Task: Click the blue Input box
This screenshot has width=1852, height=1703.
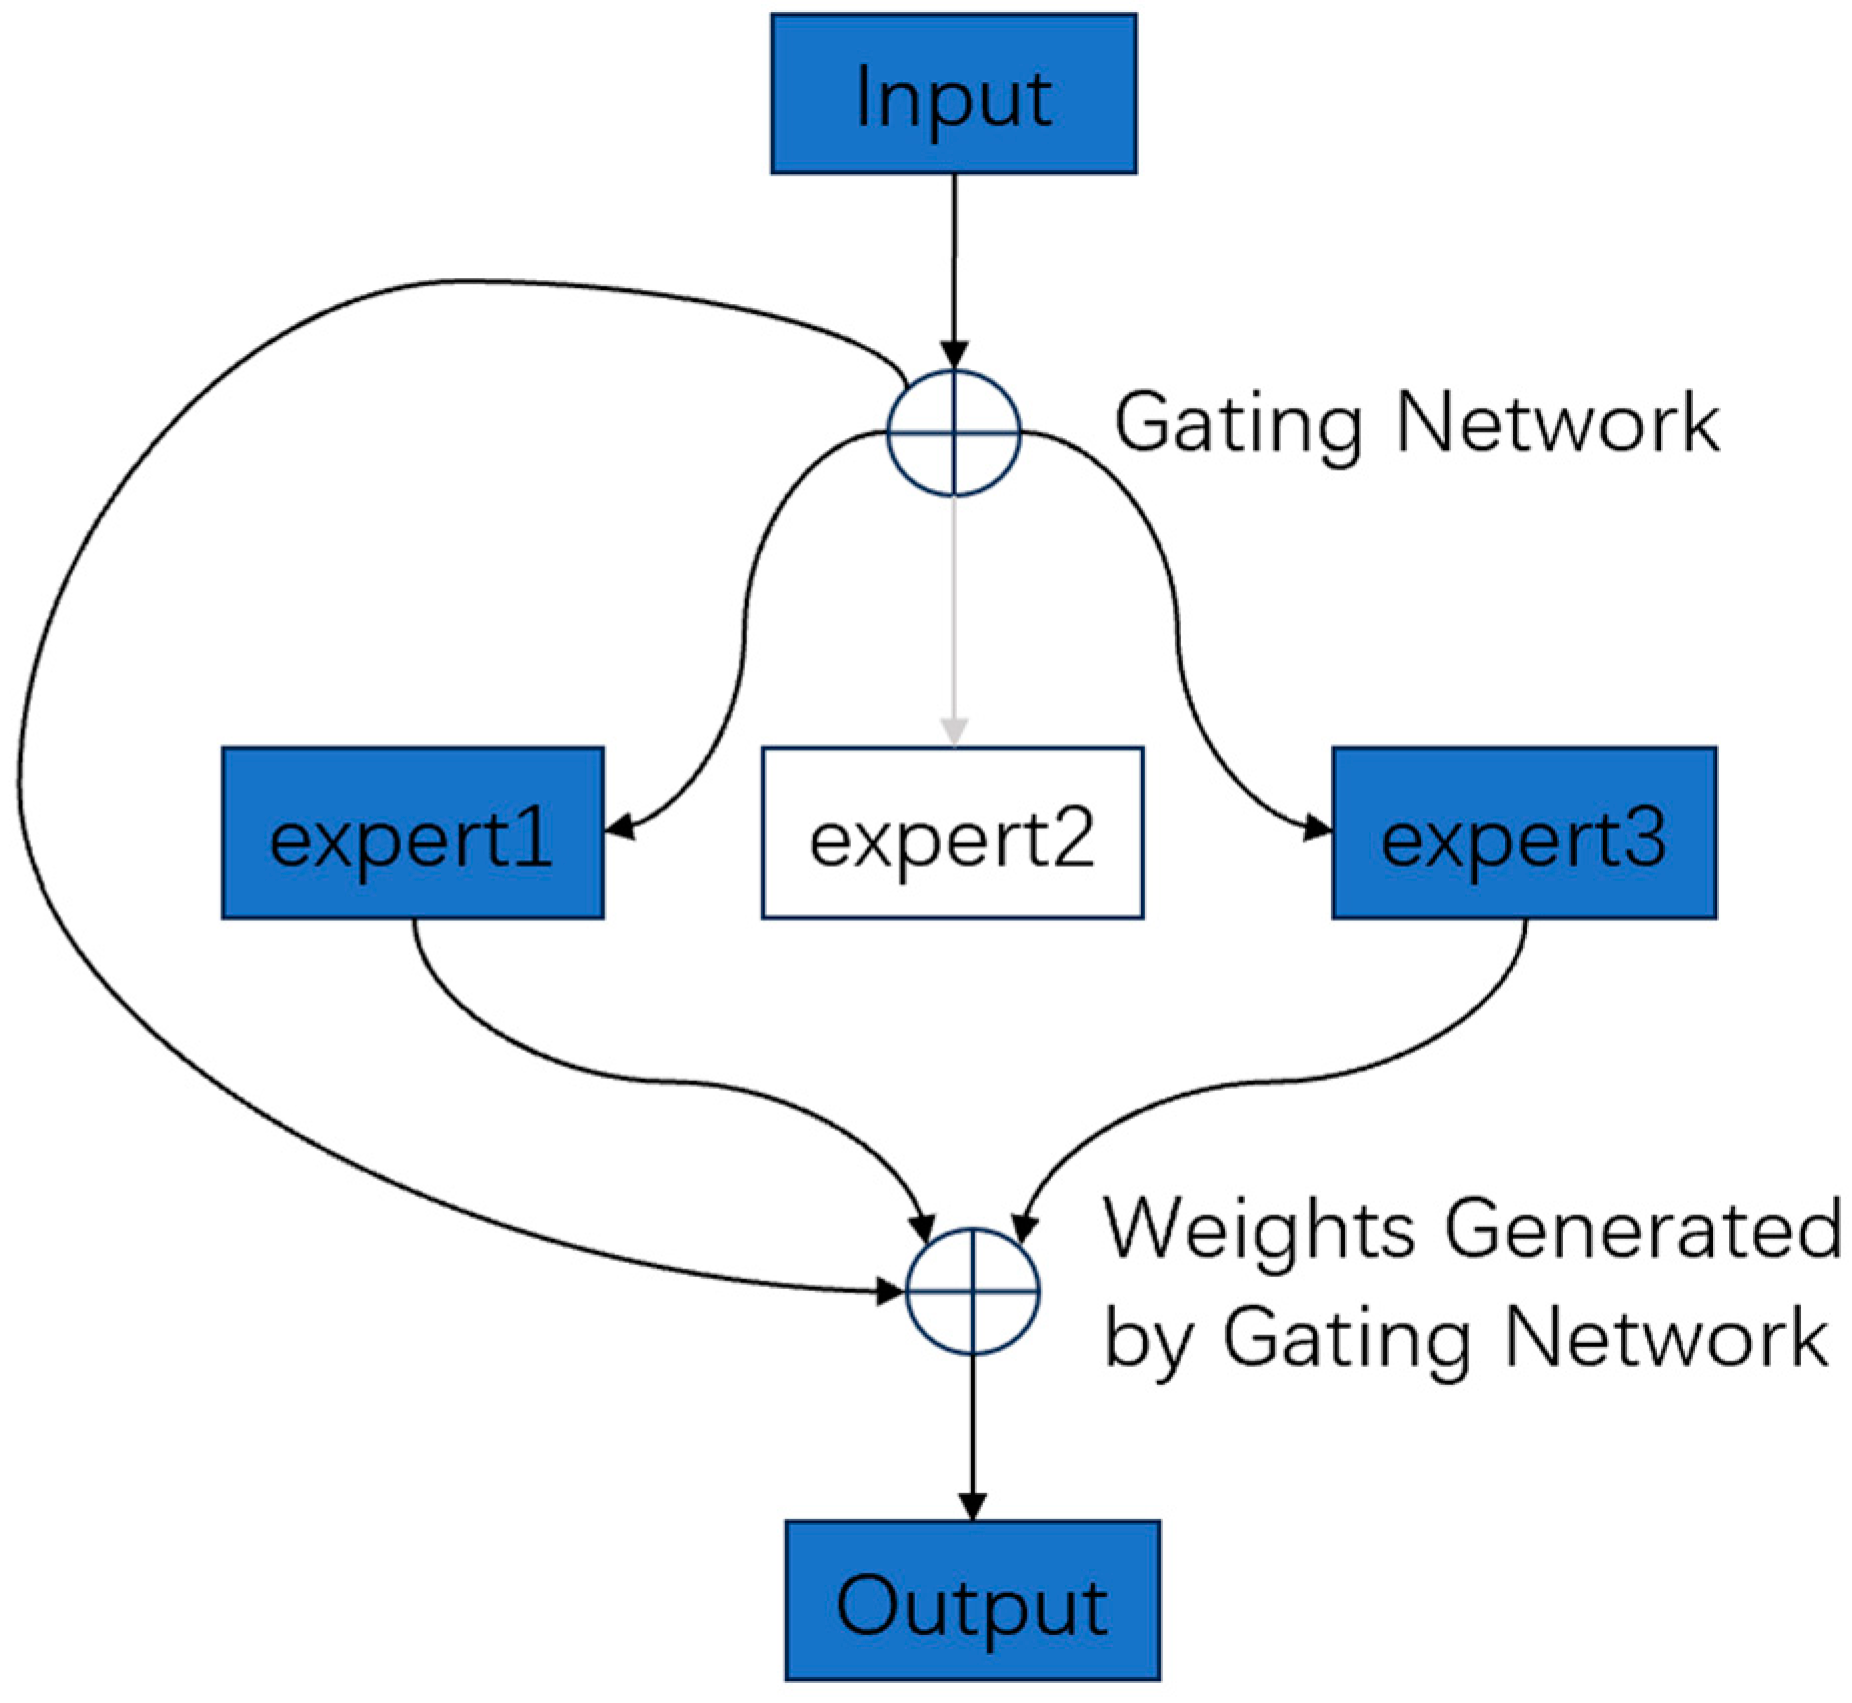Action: tap(952, 94)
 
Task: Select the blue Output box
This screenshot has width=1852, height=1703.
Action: tap(971, 1600)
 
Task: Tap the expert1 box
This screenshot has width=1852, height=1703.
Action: tap(412, 832)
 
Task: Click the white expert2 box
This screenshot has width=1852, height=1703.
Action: tap(952, 832)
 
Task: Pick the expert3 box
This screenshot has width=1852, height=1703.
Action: tap(1523, 832)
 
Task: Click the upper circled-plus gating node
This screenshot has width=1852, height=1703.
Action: tap(953, 433)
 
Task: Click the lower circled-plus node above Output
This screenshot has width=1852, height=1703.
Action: tap(972, 1291)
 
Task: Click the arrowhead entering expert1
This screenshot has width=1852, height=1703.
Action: tap(620, 827)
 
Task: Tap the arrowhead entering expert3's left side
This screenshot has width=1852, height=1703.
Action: tap(1318, 829)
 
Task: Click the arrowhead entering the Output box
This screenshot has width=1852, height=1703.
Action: tap(972, 1505)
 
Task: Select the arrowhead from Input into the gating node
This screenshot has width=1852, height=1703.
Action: tap(954, 354)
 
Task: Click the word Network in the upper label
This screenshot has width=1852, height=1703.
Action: tap(1556, 423)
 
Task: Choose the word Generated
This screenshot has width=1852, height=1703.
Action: tap(1642, 1229)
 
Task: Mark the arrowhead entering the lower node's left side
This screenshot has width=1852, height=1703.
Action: tap(888, 1291)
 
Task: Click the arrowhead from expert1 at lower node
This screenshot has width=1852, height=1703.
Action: tap(923, 1227)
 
